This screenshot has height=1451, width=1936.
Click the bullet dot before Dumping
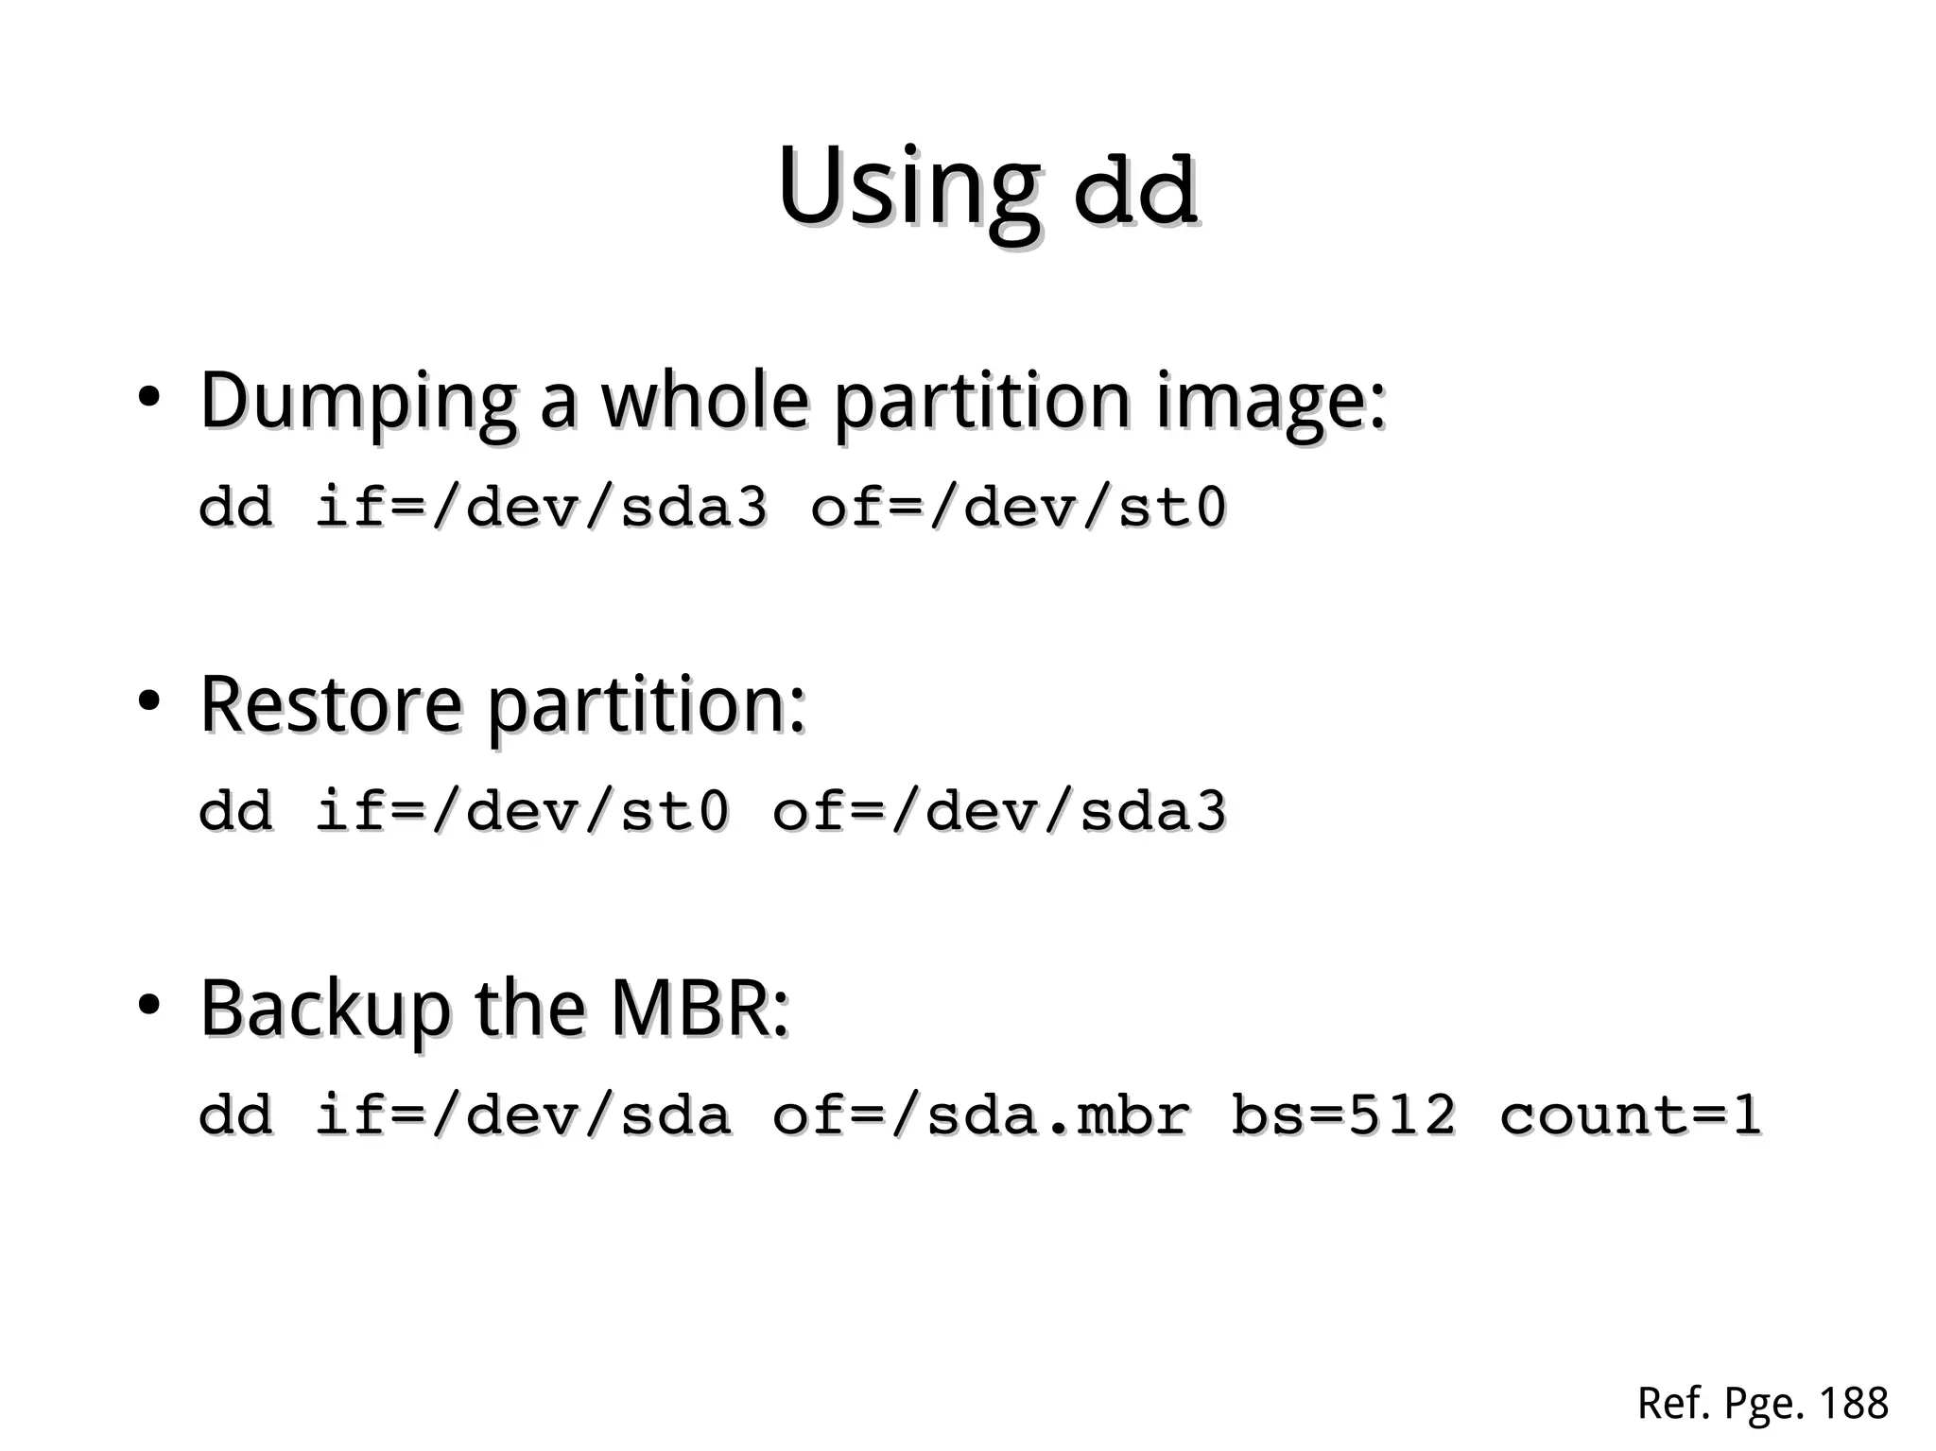point(147,397)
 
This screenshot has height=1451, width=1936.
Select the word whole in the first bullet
point(704,401)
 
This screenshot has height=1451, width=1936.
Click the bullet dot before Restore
point(147,701)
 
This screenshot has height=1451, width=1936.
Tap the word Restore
point(331,704)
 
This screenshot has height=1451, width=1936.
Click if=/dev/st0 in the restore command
point(522,810)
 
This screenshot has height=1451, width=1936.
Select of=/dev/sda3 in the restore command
point(998,810)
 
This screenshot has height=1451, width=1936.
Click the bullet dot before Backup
point(147,1005)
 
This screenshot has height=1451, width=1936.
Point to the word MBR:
point(700,1009)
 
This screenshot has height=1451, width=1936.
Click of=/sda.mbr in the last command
point(980,1114)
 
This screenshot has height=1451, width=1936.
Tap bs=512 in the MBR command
point(1343,1114)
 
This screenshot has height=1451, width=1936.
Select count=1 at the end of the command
point(1630,1114)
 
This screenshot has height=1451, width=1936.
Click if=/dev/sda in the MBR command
point(522,1114)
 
